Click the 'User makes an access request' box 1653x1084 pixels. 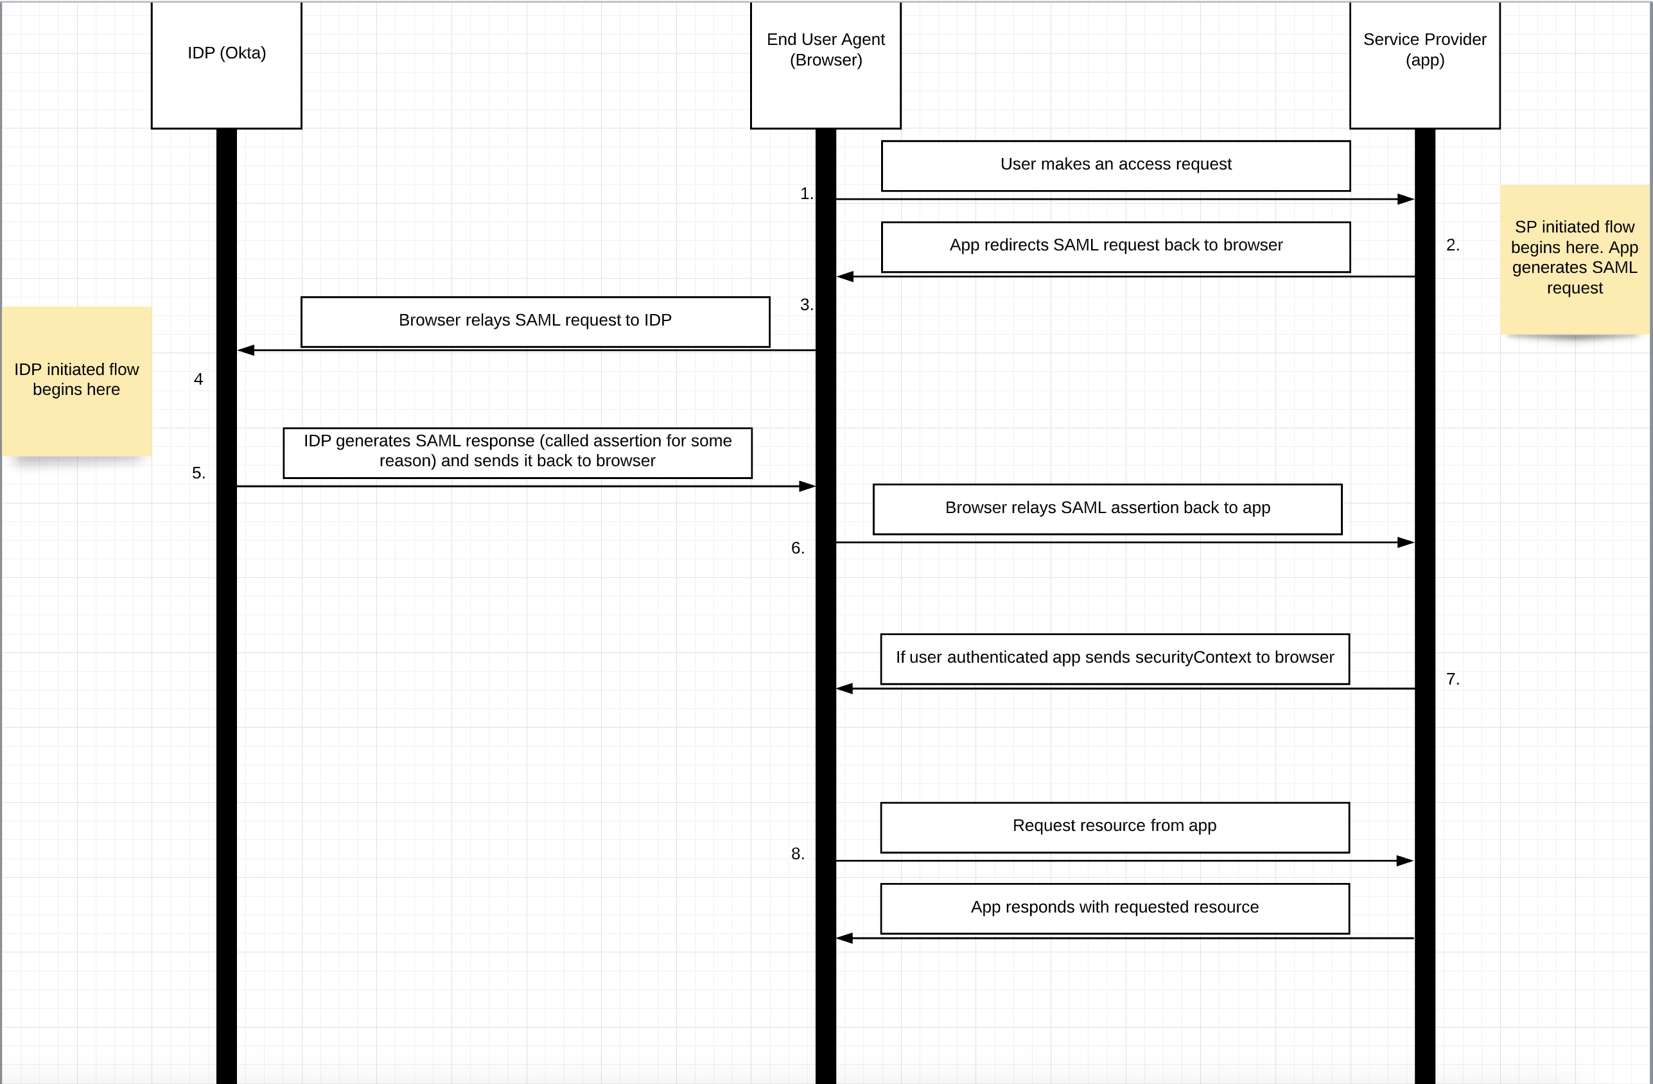point(1115,165)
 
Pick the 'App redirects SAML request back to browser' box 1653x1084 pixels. point(1115,247)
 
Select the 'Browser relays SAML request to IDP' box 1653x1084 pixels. point(535,322)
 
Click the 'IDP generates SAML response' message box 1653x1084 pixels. point(518,452)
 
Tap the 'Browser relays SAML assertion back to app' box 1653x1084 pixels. point(1107,509)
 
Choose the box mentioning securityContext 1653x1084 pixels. point(1115,658)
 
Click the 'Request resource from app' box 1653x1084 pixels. point(1115,827)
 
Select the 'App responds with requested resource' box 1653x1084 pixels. point(1115,908)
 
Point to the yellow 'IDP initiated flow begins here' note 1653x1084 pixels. point(76,381)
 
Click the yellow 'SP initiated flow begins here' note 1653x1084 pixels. point(1574,259)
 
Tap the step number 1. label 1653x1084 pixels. point(806,194)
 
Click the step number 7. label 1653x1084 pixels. point(1452,679)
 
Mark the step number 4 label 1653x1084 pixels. point(198,379)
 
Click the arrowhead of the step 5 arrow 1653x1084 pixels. point(807,486)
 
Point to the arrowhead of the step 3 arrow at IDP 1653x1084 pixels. point(246,350)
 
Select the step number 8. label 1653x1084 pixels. point(798,854)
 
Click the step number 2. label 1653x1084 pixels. point(1452,245)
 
